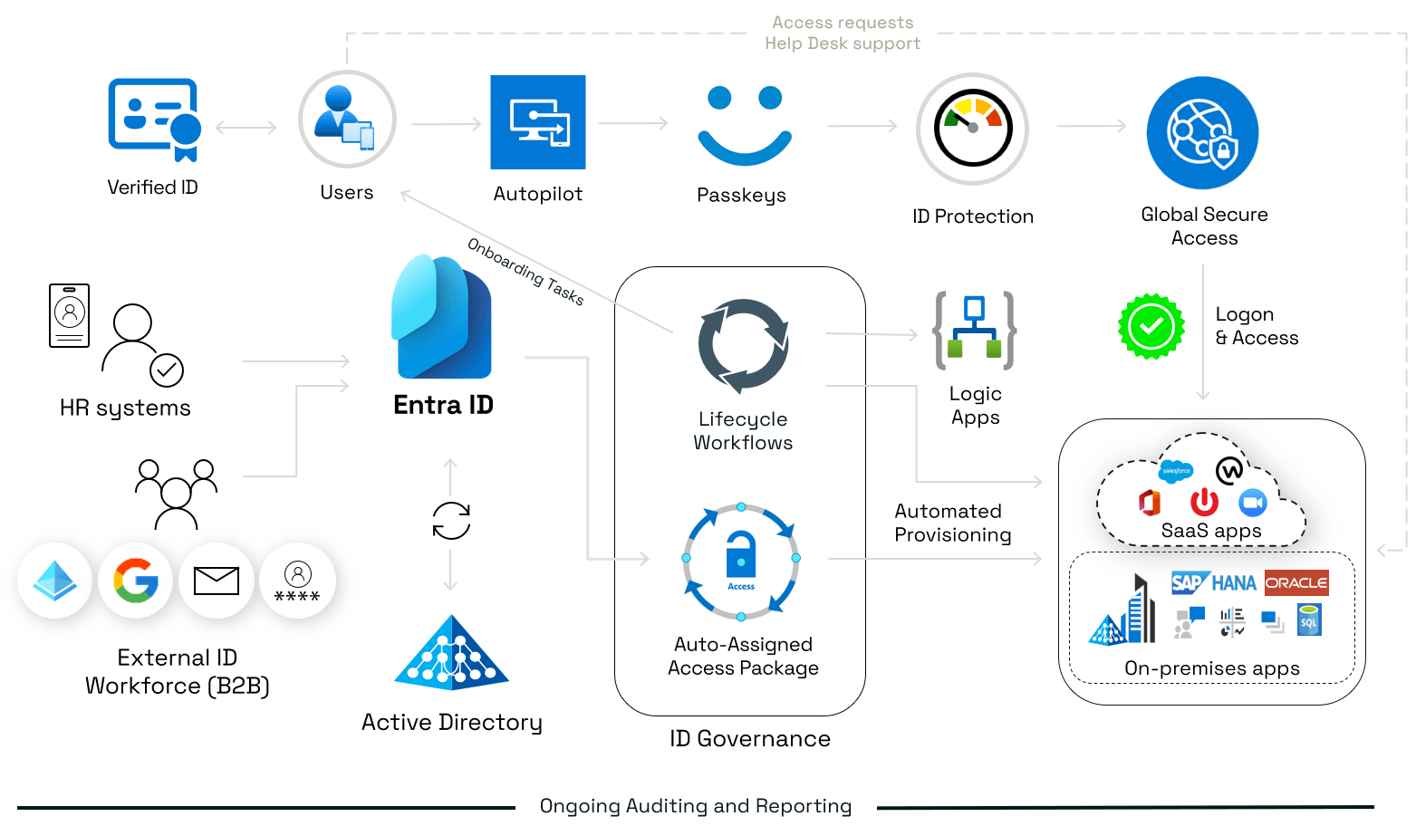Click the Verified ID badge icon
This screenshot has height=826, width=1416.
(x=154, y=119)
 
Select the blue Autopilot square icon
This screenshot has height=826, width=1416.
(x=538, y=122)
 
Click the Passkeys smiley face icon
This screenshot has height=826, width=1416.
(x=744, y=125)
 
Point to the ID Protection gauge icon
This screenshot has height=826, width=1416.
(x=972, y=129)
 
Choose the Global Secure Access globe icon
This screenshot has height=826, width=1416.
(x=1202, y=133)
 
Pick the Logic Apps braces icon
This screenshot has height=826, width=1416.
(x=974, y=331)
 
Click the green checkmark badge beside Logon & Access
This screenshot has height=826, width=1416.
(x=1151, y=326)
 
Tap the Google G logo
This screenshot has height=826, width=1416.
(x=136, y=581)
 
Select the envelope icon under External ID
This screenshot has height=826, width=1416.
(x=217, y=581)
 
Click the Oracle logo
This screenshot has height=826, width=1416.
(x=1296, y=582)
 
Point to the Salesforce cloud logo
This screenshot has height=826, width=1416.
(x=1176, y=471)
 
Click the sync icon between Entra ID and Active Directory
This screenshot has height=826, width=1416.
(x=451, y=521)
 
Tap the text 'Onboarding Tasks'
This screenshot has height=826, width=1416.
(x=525, y=271)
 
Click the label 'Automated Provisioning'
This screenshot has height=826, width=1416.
(x=952, y=523)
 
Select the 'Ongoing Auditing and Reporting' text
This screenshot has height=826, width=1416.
(x=696, y=806)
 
